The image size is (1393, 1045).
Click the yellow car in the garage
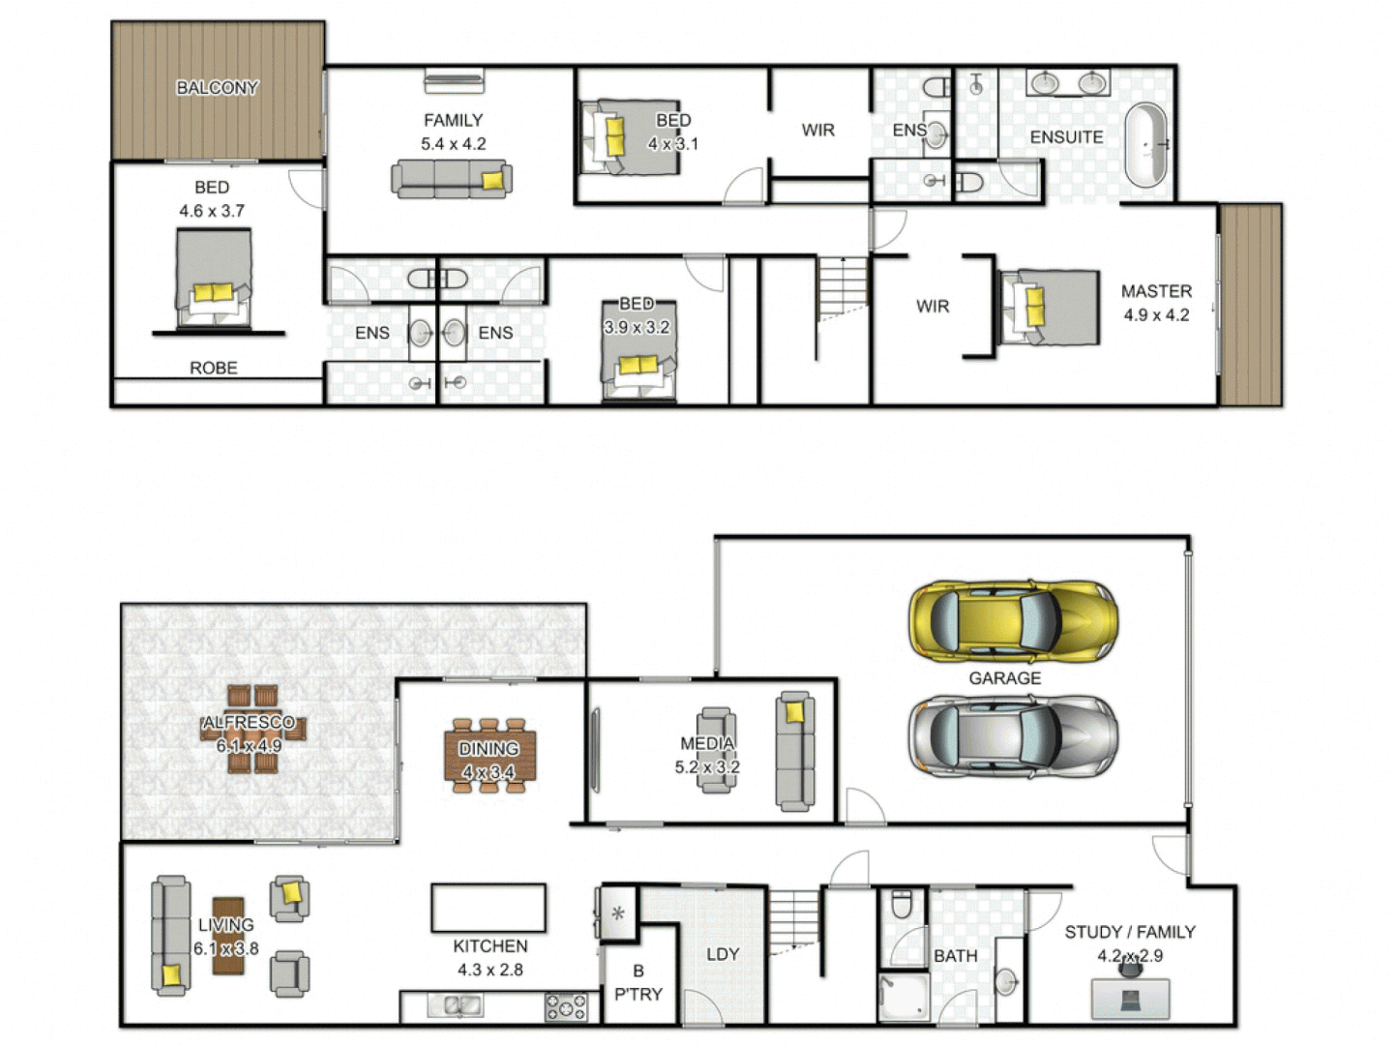tap(1012, 621)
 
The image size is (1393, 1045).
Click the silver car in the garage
tap(1012, 737)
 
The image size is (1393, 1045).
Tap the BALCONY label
tap(217, 87)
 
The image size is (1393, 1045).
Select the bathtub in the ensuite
tap(1146, 145)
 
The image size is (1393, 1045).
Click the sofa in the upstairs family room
tap(451, 180)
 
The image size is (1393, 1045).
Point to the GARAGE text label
tap(1005, 678)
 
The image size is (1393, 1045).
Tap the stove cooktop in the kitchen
tap(566, 1007)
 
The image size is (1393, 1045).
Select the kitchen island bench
tap(489, 908)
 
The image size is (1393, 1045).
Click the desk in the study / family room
tap(1130, 999)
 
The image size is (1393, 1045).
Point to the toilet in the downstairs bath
tap(902, 904)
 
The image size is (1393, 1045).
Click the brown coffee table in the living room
tap(228, 936)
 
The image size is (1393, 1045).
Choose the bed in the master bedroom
tap(1050, 307)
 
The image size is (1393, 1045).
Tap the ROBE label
tap(214, 368)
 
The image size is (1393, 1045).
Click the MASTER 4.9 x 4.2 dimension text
tap(1156, 314)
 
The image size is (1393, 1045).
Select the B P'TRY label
tap(638, 982)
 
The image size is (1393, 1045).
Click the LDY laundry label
tap(723, 954)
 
